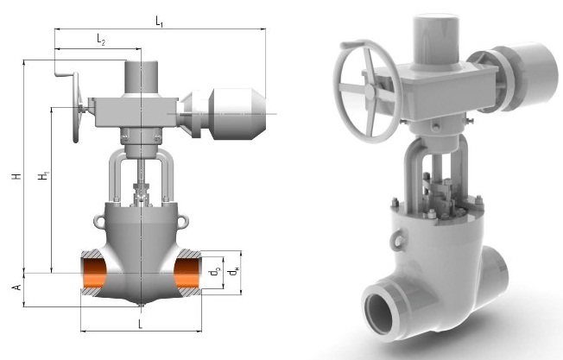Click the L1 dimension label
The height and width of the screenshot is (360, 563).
click(x=160, y=22)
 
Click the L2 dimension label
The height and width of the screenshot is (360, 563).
click(x=101, y=40)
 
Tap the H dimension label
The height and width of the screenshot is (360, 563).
click(x=17, y=176)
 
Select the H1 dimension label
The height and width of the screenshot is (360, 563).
click(x=45, y=176)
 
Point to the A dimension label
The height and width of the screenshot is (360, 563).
click(x=17, y=287)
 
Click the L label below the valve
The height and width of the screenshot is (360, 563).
click(x=141, y=324)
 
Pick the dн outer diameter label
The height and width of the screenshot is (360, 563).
click(x=234, y=272)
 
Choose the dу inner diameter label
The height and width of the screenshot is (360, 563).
click(x=215, y=272)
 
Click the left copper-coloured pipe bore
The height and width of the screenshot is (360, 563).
click(x=95, y=273)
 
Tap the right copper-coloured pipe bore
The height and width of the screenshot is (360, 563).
click(x=187, y=273)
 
